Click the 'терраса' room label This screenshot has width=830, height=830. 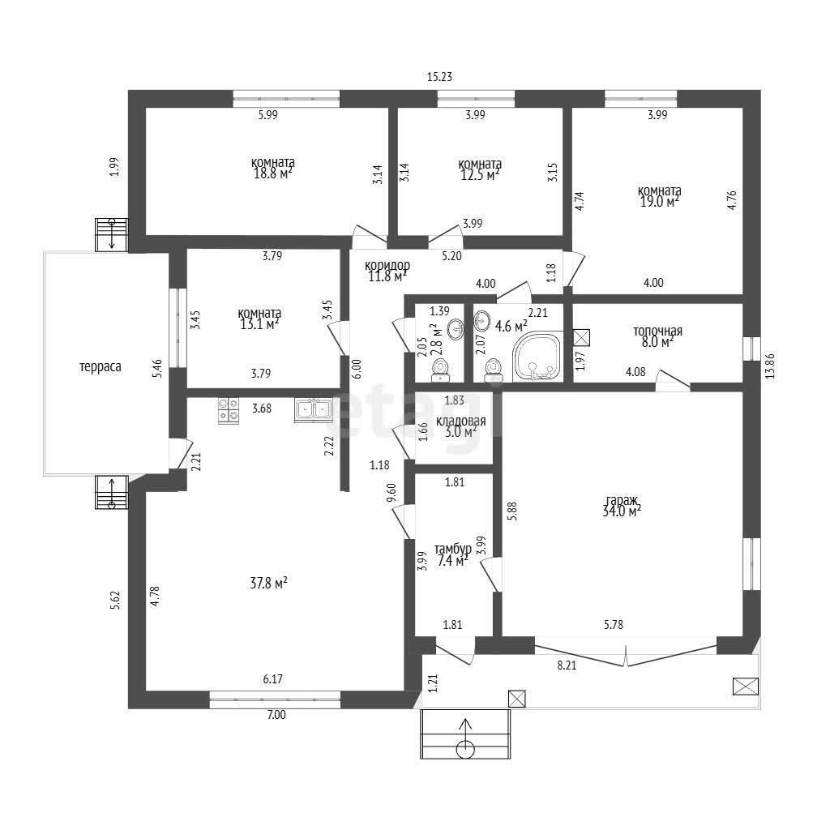(100, 366)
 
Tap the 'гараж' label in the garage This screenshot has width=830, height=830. (622, 500)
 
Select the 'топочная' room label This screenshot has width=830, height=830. (658, 332)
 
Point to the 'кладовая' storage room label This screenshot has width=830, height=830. (461, 421)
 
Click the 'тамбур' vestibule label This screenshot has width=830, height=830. (453, 549)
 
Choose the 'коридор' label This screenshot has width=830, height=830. (387, 265)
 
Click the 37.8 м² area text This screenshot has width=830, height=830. (268, 584)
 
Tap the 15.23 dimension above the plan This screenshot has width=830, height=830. (440, 77)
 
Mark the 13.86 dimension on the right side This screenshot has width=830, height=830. (770, 366)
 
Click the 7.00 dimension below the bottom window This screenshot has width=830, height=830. (276, 715)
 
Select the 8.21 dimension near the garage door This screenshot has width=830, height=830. (567, 665)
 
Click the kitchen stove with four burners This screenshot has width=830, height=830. (229, 410)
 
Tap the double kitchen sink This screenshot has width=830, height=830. (314, 410)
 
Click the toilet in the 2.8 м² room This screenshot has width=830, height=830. (441, 370)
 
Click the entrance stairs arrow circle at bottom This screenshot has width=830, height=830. (466, 748)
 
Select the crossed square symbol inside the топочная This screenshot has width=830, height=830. (582, 337)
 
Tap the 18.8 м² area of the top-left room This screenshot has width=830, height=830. (273, 173)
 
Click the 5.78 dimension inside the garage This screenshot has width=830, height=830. (614, 625)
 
